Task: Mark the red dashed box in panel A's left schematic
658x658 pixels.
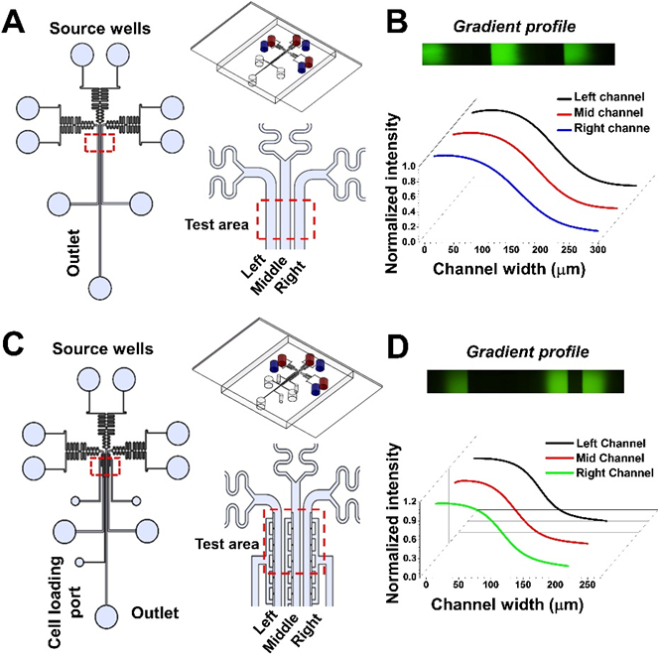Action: [100, 143]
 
